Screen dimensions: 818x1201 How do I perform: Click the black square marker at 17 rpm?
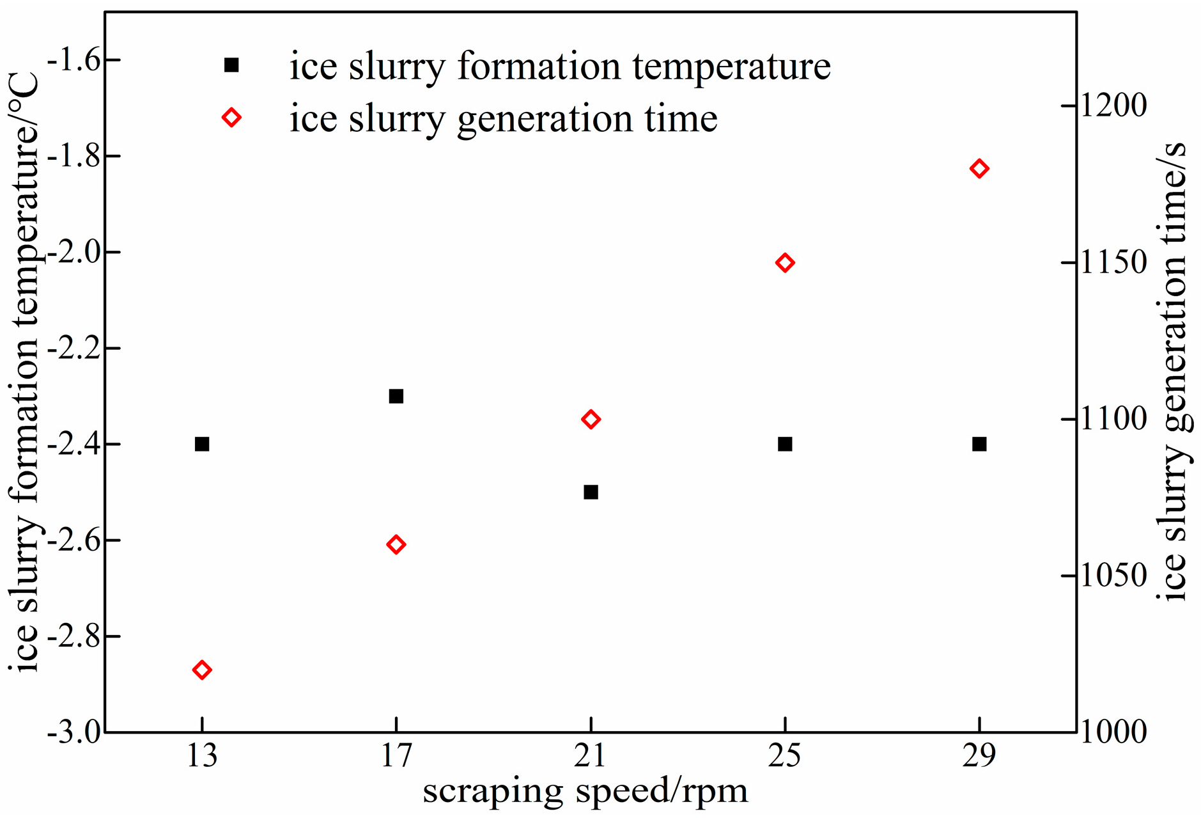(396, 397)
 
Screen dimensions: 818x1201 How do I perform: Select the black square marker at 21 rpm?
(591, 492)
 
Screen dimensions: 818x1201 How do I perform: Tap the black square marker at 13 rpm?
(202, 444)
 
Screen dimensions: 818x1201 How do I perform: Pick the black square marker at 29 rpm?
(979, 444)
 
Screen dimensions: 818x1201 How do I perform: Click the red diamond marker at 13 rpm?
(202, 670)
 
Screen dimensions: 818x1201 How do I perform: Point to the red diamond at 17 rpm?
(396, 545)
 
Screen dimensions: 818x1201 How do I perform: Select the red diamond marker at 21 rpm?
(591, 420)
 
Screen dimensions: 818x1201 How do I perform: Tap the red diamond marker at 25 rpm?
(785, 263)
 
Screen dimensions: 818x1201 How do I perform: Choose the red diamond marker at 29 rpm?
(979, 169)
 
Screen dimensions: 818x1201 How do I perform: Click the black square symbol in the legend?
(231, 65)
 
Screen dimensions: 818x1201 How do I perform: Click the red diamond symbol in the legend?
(231, 118)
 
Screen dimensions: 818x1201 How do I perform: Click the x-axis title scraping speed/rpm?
(585, 792)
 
